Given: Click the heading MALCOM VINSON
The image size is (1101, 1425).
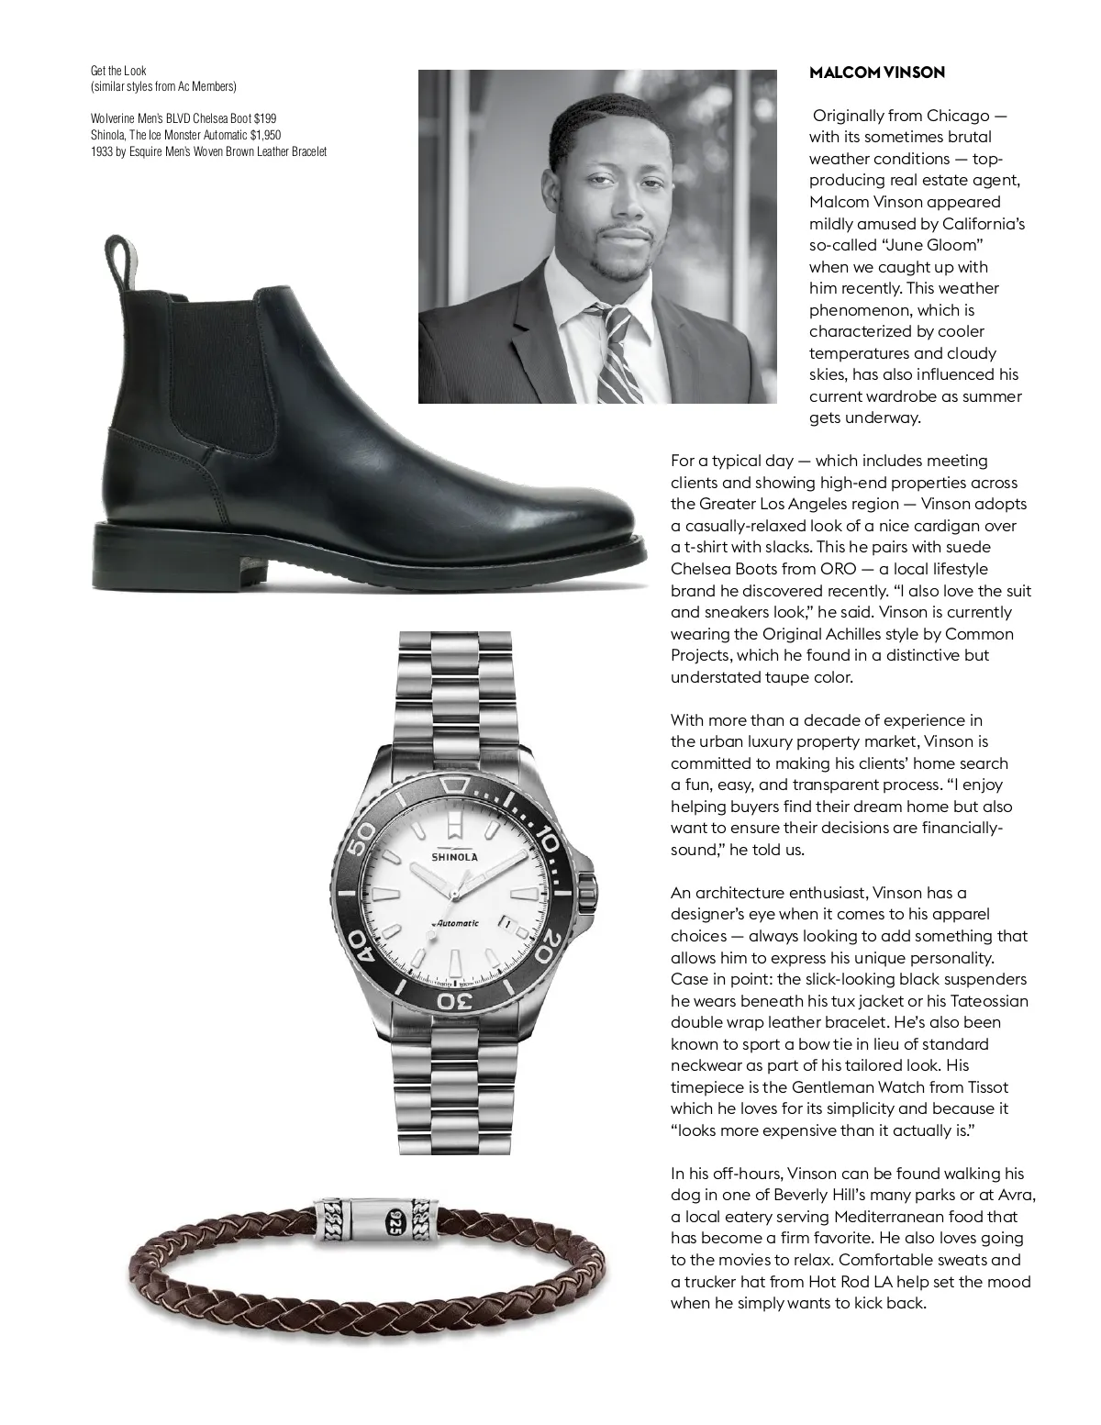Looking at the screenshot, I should coord(876,72).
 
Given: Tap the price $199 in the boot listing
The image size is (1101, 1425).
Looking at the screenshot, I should coord(264,118).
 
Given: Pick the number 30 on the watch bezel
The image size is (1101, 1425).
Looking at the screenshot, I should coord(453,1000).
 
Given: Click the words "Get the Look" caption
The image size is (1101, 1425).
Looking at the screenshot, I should coord(118,71).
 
